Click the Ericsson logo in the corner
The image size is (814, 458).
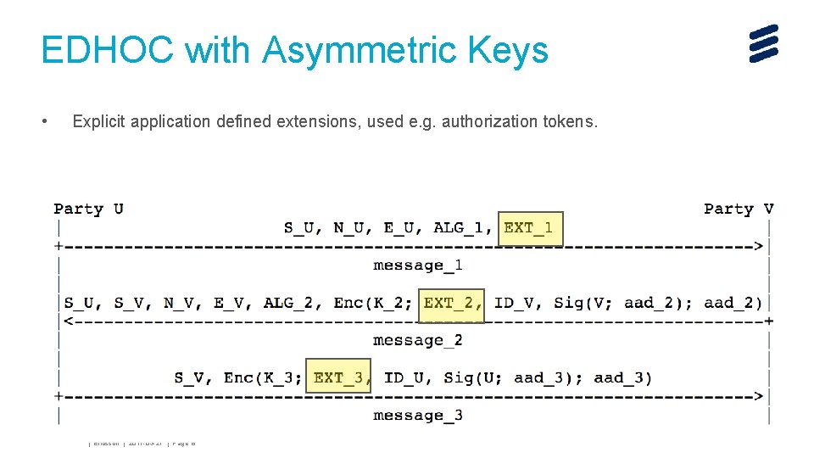tap(763, 43)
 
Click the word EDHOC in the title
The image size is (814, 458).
tap(108, 50)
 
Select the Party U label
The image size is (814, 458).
tap(88, 209)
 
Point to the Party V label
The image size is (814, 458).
tap(739, 209)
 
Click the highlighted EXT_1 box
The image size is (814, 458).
tap(530, 228)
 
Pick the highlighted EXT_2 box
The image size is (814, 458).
tap(452, 304)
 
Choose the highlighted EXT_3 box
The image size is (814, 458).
tap(338, 378)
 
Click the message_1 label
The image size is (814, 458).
tap(418, 265)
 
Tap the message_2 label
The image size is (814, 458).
tap(418, 340)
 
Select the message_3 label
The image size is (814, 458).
tap(418, 416)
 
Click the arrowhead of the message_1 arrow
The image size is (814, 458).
tap(759, 247)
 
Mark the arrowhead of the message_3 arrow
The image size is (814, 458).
tap(759, 396)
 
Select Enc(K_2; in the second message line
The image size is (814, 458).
tap(373, 304)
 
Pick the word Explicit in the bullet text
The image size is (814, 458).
tap(99, 122)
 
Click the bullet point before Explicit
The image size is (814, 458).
tap(45, 122)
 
